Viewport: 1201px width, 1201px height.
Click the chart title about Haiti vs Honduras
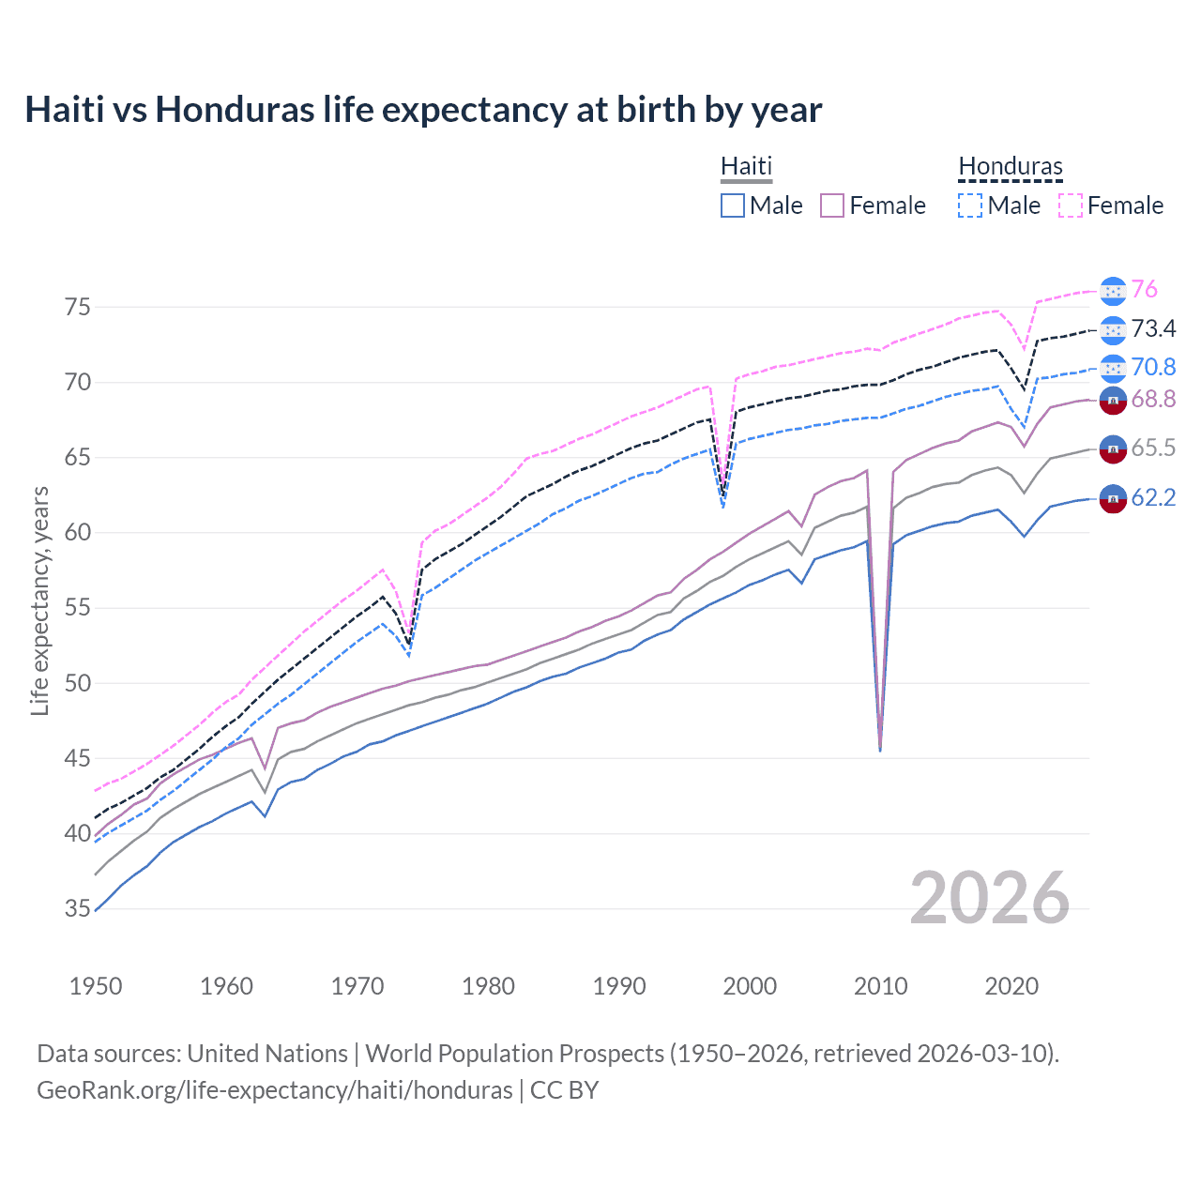tap(423, 110)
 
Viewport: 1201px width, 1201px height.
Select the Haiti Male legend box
tap(733, 205)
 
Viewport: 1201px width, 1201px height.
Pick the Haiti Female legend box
tap(832, 205)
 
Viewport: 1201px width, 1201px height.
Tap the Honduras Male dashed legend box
tap(970, 205)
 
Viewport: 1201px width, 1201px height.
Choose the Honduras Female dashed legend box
tap(1071, 205)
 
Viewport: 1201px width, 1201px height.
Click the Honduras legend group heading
tap(1010, 167)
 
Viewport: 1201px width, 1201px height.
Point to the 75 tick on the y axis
tap(78, 307)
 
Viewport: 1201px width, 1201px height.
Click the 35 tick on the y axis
tap(78, 908)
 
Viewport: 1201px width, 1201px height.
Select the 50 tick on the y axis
tap(78, 683)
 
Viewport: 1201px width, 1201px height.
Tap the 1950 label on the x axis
tap(96, 986)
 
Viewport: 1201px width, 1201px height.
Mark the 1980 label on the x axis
tap(488, 986)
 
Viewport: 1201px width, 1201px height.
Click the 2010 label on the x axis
tap(880, 986)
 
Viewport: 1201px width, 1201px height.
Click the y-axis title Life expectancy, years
tap(39, 600)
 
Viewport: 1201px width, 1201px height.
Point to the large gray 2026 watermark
tap(989, 898)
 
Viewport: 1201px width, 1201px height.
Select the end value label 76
tap(1144, 290)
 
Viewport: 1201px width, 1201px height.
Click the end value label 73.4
tap(1153, 328)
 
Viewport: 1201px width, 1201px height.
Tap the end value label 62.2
tap(1153, 498)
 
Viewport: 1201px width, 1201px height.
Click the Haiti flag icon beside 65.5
tap(1113, 449)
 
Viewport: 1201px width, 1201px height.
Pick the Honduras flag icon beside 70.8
tap(1113, 368)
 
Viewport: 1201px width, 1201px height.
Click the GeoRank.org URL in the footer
tap(275, 1090)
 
